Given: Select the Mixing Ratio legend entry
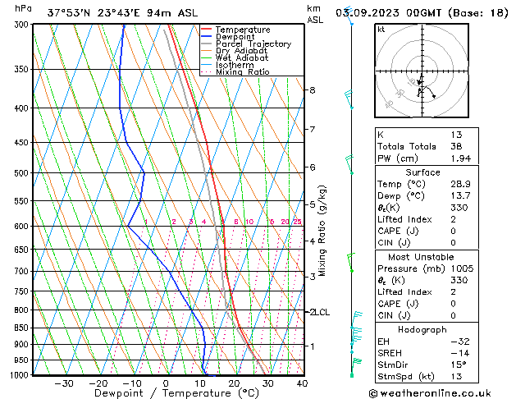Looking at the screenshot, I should tap(243, 72).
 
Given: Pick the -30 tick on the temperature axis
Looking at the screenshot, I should tap(63, 383).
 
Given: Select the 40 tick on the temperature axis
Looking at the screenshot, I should tap(302, 383).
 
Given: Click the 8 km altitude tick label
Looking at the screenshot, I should tap(312, 89).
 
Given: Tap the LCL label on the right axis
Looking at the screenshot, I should tap(321, 312).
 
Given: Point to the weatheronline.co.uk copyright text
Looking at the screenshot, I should tap(441, 392).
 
